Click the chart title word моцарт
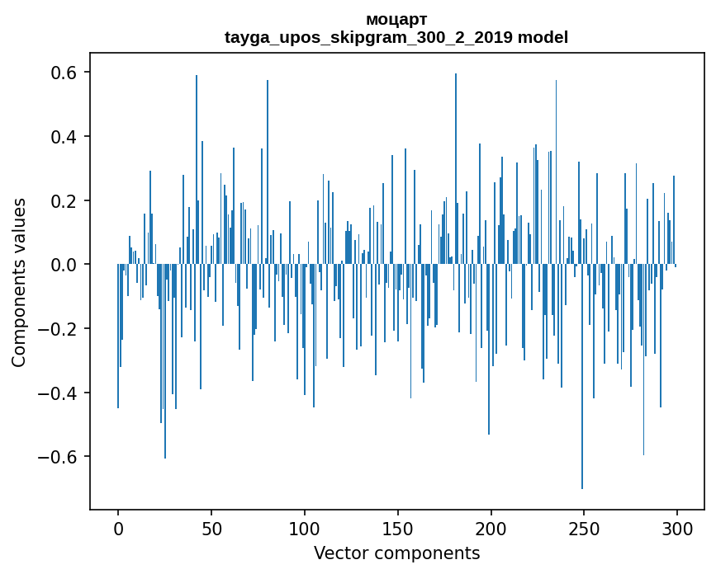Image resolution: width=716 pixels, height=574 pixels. [396, 19]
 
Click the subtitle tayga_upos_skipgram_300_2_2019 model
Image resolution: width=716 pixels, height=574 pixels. [396, 37]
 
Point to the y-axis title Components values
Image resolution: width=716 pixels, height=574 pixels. [19, 282]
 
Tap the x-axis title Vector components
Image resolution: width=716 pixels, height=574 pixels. [396, 553]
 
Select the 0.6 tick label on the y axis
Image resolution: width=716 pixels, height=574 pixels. [60, 73]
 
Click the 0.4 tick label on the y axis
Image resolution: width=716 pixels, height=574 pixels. [60, 137]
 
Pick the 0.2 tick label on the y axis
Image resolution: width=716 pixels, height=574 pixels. [60, 200]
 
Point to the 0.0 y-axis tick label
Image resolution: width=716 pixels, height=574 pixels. [60, 265]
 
